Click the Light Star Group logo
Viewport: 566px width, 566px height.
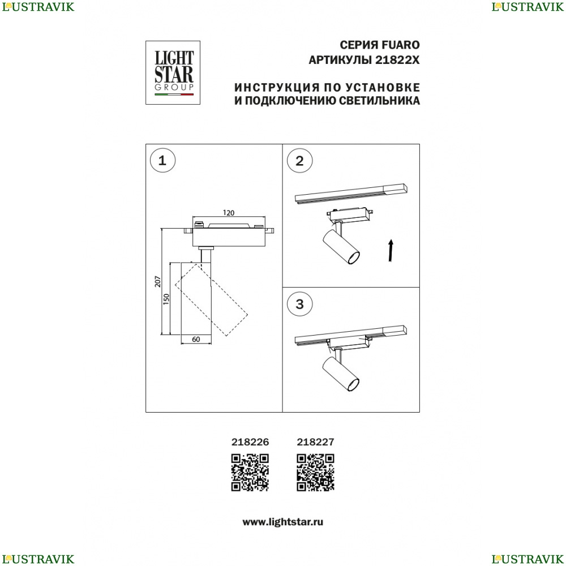[173, 72]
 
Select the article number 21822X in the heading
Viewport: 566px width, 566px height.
[397, 60]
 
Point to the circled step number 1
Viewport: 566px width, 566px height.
[162, 161]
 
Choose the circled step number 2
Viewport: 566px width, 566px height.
[299, 161]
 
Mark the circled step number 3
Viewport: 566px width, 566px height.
[299, 305]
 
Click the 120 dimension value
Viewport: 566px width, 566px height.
[229, 213]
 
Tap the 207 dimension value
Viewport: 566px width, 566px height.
[158, 281]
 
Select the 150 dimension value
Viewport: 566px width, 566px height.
[166, 299]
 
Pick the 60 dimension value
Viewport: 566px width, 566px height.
[196, 339]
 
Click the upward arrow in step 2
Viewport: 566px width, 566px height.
[390, 250]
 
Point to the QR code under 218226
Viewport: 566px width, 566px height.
[250, 473]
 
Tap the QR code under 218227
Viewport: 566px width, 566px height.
[315, 473]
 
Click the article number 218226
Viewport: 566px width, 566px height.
[250, 442]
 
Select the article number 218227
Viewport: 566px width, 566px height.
[315, 442]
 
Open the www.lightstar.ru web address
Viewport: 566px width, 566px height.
[282, 522]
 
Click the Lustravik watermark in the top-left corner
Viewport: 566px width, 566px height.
[38, 7]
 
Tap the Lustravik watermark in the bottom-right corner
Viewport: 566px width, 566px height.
[528, 559]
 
